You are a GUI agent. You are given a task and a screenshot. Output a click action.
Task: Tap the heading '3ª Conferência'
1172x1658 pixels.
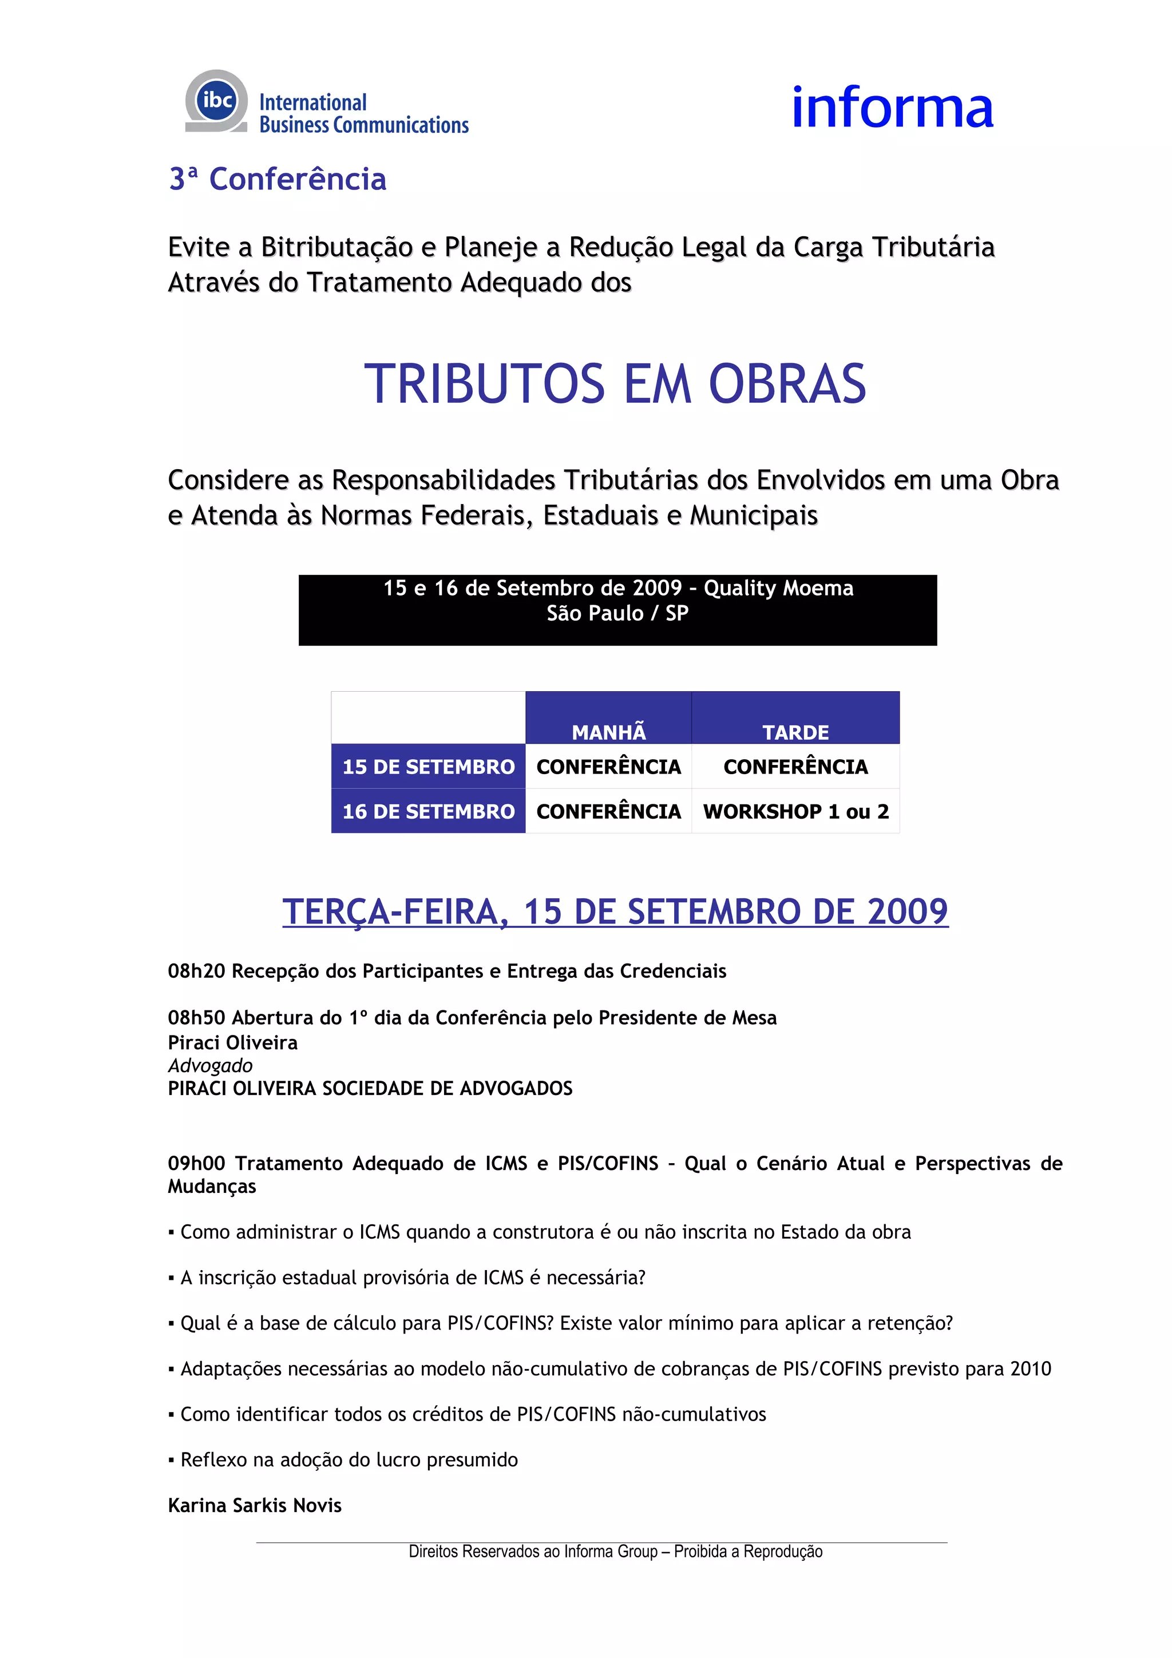click(278, 179)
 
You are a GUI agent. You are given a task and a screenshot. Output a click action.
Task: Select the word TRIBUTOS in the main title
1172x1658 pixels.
click(485, 383)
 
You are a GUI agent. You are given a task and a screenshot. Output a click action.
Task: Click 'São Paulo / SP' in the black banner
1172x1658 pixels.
click(617, 613)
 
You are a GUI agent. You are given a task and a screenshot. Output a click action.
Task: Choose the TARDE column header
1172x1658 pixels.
click(795, 732)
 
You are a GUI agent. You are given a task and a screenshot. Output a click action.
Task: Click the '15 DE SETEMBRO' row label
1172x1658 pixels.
click(428, 766)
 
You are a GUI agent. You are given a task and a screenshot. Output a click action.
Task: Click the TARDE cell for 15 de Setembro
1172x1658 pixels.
click(795, 766)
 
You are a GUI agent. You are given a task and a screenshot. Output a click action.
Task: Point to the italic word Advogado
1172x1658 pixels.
click(210, 1065)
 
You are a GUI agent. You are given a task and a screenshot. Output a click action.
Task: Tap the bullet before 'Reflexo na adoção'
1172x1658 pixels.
click(171, 1460)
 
